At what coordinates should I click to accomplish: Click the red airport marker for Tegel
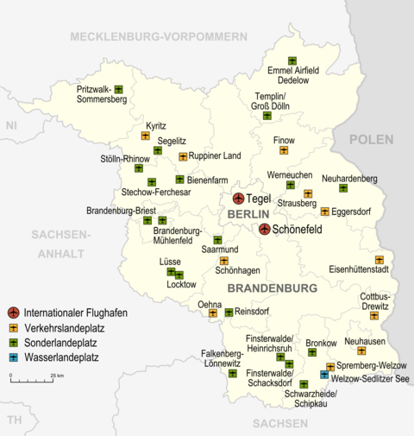point(239,199)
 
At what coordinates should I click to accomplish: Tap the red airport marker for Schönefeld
point(265,229)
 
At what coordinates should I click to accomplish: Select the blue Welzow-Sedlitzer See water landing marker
point(324,375)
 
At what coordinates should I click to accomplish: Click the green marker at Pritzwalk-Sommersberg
point(119,89)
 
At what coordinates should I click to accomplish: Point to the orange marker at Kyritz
point(145,136)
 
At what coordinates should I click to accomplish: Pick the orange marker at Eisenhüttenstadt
point(379,260)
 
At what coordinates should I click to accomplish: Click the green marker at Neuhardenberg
point(343,187)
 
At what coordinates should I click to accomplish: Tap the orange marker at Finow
point(284,150)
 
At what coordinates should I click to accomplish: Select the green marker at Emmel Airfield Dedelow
point(292,60)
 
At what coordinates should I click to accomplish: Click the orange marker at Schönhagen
point(224,260)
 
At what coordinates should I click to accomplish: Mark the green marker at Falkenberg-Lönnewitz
point(233,373)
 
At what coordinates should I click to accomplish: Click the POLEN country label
point(371,139)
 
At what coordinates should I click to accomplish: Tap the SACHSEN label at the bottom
point(280,423)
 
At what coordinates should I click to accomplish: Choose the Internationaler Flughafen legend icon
point(13,313)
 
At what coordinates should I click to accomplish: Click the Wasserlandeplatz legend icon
point(13,356)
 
